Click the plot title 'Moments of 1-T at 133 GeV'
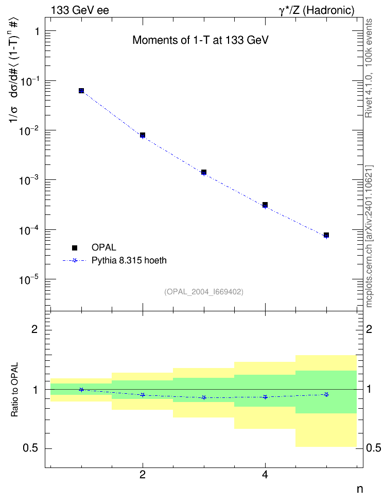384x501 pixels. point(200,40)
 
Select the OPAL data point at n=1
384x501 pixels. point(81,91)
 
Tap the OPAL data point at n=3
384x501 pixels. point(204,172)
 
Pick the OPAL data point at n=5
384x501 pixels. point(326,235)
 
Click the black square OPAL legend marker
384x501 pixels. point(75,247)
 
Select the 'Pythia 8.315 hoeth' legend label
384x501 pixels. point(129,260)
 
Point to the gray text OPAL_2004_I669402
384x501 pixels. point(204,292)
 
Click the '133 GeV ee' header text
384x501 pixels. point(80,10)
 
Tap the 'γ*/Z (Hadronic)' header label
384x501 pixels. point(317,10)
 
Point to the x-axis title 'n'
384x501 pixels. point(360,489)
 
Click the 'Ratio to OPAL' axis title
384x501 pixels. point(14,390)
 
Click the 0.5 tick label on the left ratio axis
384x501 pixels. point(30,448)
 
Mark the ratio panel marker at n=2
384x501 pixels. point(143,395)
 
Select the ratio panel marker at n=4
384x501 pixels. point(265,397)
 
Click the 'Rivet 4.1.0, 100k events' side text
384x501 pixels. point(369,68)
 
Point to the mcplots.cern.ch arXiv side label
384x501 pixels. point(369,237)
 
